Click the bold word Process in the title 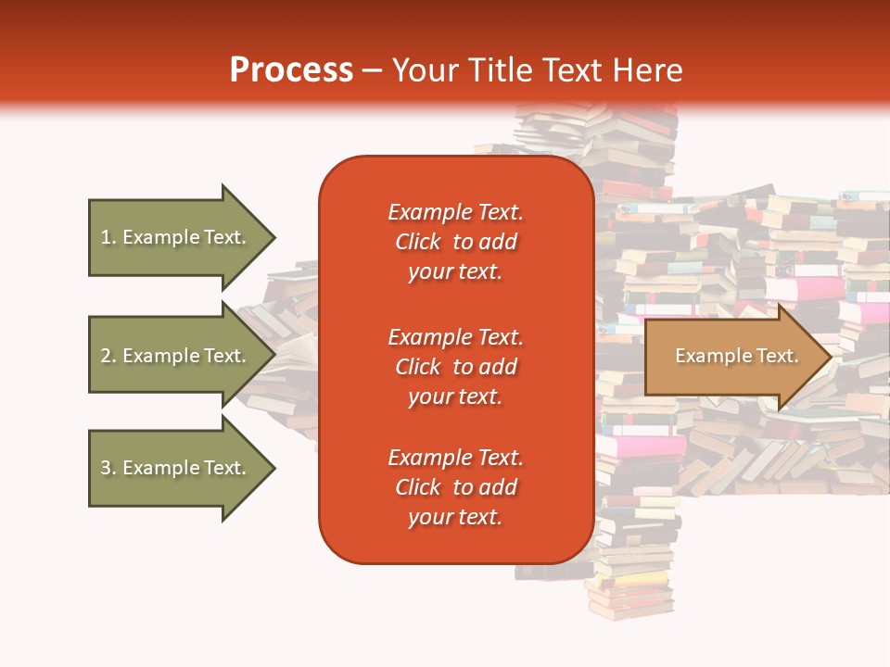click(291, 70)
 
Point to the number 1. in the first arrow click(108, 237)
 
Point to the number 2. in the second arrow click(108, 356)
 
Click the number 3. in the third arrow click(108, 468)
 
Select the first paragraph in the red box click(455, 242)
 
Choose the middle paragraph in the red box click(455, 367)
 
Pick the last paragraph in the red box click(455, 487)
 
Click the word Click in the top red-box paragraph click(418, 242)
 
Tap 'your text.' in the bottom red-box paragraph click(455, 517)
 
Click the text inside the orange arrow click(736, 356)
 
